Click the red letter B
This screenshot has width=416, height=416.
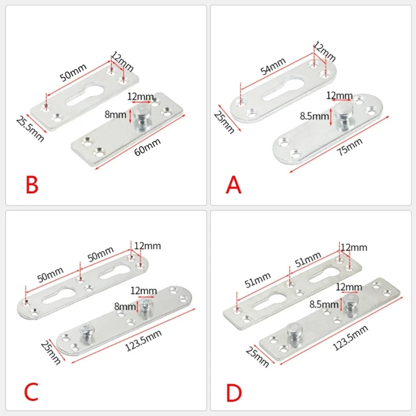(32, 185)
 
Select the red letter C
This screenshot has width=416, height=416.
(31, 392)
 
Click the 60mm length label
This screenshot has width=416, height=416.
(148, 147)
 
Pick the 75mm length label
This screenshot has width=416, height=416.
(349, 147)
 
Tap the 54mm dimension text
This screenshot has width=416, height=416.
(272, 67)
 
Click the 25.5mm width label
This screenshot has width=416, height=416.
(30, 129)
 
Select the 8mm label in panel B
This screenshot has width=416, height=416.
(115, 114)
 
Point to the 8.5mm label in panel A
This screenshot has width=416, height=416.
(315, 116)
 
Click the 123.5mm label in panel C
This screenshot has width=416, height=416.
(144, 341)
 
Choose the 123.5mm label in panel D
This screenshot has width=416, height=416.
(350, 337)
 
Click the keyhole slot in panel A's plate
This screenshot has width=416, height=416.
(283, 89)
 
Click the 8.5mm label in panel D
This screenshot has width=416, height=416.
(324, 304)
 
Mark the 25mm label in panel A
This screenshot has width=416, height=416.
(224, 122)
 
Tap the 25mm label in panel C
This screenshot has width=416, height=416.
(50, 353)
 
